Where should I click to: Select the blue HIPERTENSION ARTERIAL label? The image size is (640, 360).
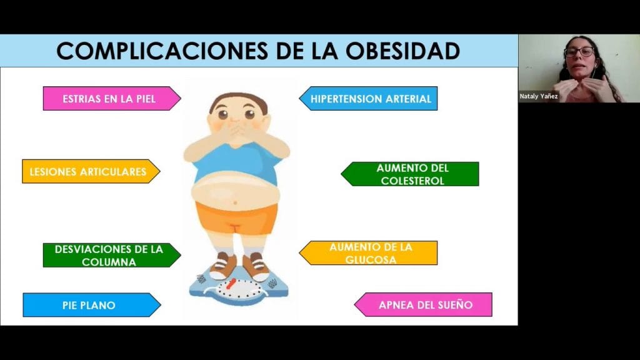(368, 98)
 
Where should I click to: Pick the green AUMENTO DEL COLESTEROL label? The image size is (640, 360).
(410, 174)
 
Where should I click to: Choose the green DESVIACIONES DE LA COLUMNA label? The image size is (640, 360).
(112, 256)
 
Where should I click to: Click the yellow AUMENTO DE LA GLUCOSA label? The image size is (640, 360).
(368, 253)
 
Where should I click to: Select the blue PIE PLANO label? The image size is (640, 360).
(92, 305)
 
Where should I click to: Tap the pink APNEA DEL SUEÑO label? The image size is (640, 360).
(423, 304)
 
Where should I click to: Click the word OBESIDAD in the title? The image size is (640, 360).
(403, 51)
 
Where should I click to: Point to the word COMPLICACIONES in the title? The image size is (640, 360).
(162, 51)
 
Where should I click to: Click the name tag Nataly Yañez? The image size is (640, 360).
(538, 96)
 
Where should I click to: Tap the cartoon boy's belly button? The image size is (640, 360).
(235, 203)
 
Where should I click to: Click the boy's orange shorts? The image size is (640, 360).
(236, 218)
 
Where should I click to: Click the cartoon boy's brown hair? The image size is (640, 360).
(238, 101)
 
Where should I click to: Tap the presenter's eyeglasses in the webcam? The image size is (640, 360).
(579, 52)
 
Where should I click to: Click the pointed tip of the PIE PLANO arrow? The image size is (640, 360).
(161, 305)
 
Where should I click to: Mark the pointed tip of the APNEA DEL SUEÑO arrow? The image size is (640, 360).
(354, 304)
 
